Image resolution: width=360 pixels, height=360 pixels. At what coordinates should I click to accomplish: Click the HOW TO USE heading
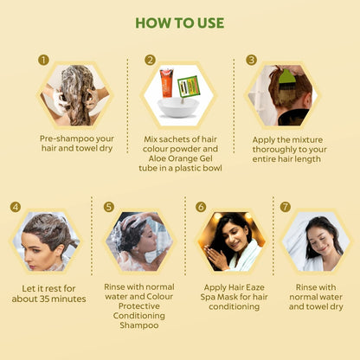tap(180, 22)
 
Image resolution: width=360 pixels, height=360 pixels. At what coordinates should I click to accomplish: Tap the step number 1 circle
tap(43, 60)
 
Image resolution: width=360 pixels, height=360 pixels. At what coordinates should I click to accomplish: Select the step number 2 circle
tap(150, 60)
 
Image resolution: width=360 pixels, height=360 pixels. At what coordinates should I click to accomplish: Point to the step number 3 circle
tap(251, 60)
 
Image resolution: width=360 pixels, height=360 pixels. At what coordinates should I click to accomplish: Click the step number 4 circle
tap(15, 207)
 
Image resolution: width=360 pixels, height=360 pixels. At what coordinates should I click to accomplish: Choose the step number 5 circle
tap(108, 207)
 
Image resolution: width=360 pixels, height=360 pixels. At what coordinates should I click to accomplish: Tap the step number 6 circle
tap(200, 207)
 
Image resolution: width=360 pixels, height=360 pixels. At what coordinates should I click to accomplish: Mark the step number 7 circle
tap(286, 207)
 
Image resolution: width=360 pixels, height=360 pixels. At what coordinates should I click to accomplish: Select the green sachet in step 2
tap(190, 87)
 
